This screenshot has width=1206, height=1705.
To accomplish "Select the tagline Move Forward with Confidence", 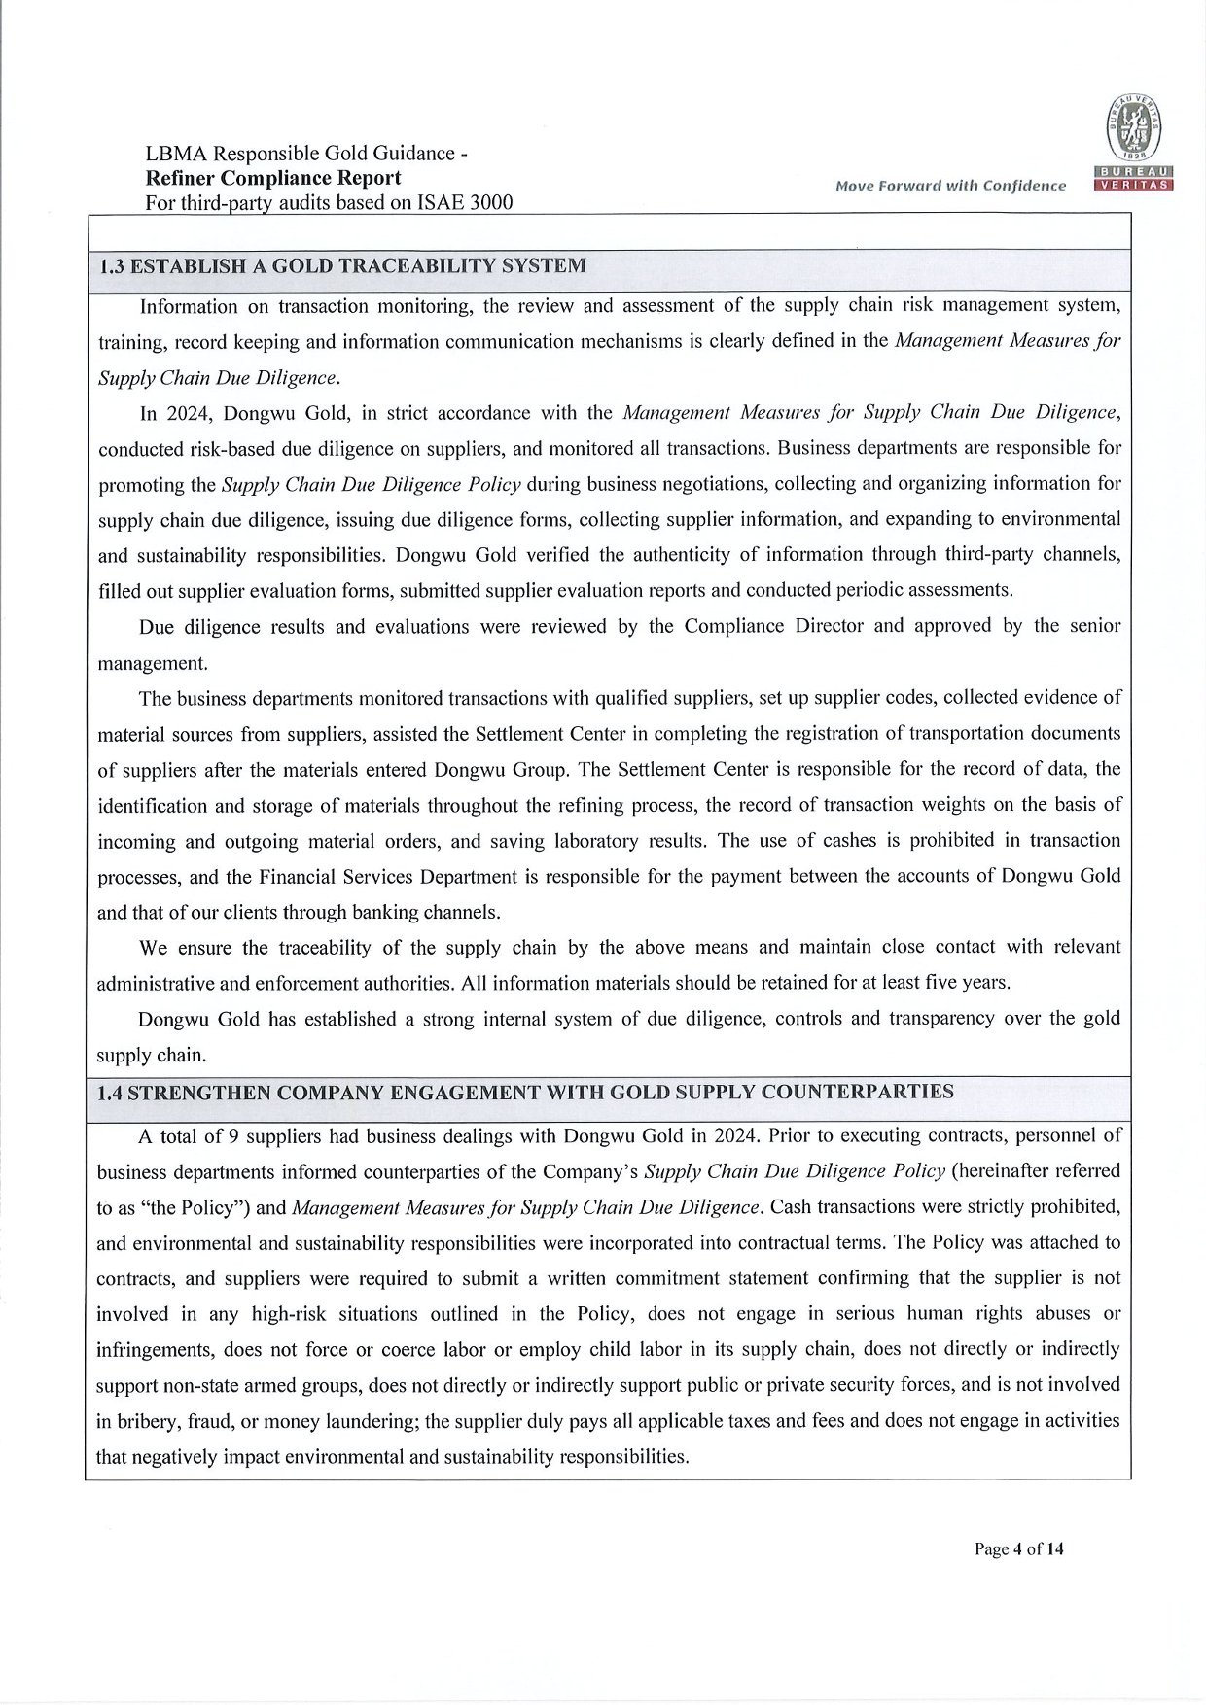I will (950, 186).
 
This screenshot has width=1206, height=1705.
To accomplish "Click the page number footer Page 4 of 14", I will (1018, 1549).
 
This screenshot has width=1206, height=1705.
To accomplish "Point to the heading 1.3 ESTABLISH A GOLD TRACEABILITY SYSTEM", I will (343, 266).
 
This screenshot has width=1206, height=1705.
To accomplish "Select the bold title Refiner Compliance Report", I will (272, 178).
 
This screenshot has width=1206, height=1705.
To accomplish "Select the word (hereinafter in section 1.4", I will (1010, 1170).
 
